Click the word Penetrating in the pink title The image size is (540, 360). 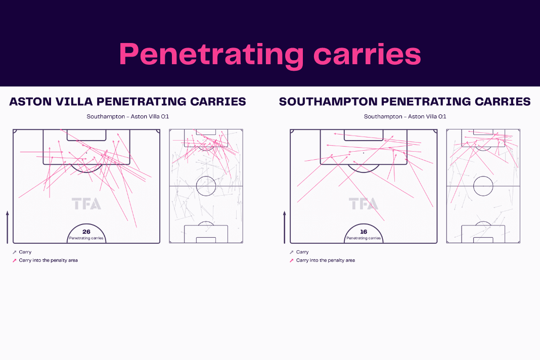coord(211,55)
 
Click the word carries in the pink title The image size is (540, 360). coord(367,55)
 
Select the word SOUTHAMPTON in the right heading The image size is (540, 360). coord(328,102)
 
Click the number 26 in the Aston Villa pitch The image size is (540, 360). coord(86,232)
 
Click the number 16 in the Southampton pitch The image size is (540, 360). coord(364,232)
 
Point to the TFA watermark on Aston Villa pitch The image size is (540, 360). coord(86,204)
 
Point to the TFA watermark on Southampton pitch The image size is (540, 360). coord(364,204)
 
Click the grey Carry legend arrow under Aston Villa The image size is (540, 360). coord(15,252)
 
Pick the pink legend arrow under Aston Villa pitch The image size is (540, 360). coord(15,260)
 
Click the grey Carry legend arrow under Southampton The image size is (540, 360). coord(292,252)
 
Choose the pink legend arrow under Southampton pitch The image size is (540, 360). coord(292,260)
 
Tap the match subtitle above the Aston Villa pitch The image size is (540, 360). coord(128,116)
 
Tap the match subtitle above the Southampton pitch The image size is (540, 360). coord(405,116)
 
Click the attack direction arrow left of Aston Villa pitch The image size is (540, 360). coord(7,228)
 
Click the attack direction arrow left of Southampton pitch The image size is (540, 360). coord(285,228)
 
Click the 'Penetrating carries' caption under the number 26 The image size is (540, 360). coord(86,238)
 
